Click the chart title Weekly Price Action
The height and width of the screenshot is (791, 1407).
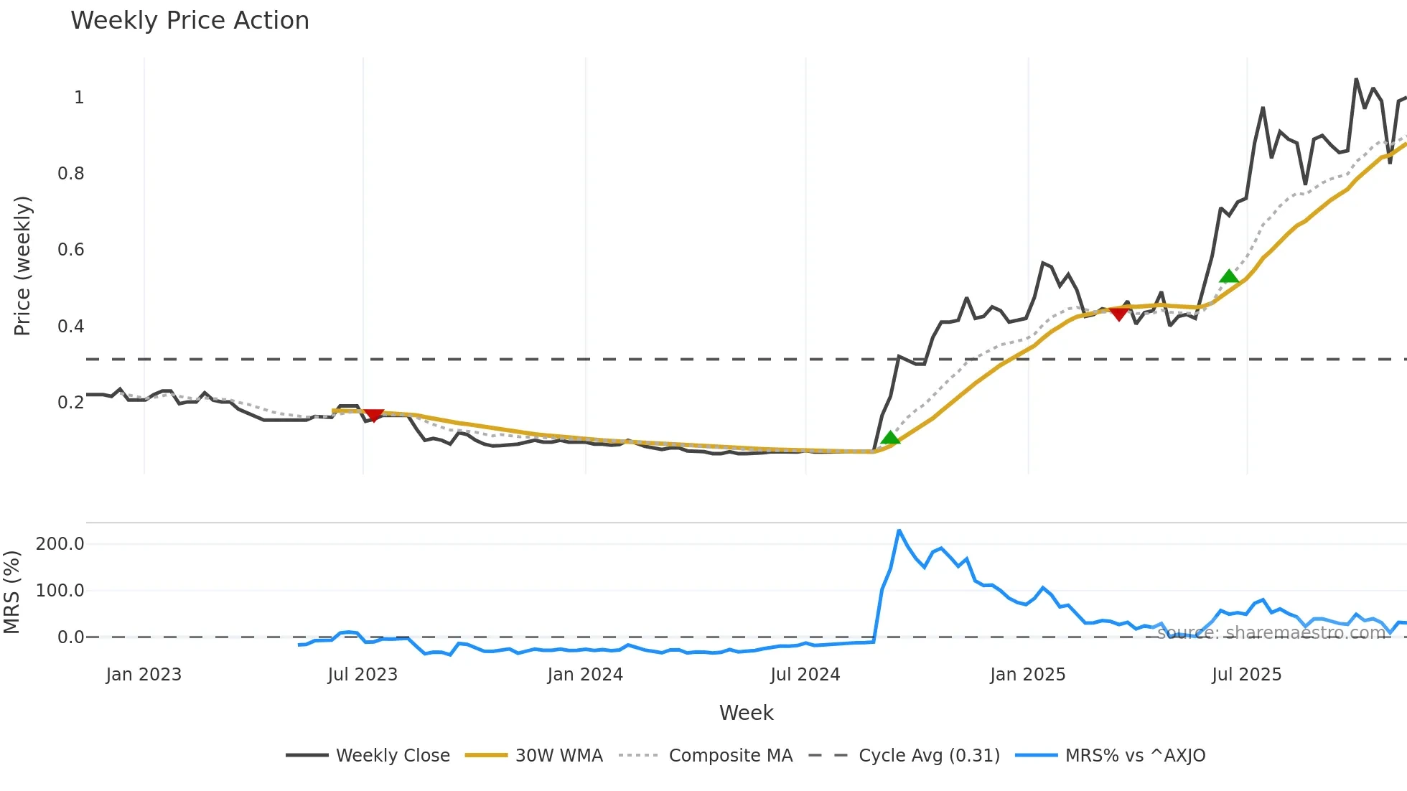click(190, 21)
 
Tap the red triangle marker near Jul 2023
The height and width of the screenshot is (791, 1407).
click(373, 415)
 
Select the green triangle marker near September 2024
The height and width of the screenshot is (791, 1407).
click(890, 438)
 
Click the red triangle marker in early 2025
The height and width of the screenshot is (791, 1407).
click(1118, 314)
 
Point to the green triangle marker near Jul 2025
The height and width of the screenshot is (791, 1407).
click(1229, 276)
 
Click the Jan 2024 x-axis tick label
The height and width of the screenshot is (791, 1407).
click(585, 675)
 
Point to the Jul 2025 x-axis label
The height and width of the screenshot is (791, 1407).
click(1247, 675)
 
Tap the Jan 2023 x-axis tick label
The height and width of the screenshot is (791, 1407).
click(144, 675)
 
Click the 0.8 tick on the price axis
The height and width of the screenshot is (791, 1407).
click(71, 174)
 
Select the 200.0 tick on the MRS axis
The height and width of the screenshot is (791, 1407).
click(60, 544)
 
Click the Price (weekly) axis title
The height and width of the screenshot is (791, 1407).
click(22, 266)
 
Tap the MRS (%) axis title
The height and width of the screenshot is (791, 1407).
click(11, 592)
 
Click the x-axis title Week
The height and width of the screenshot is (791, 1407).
click(746, 713)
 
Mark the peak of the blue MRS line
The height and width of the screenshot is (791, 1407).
click(899, 530)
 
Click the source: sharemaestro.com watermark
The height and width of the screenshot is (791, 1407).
click(1271, 633)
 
